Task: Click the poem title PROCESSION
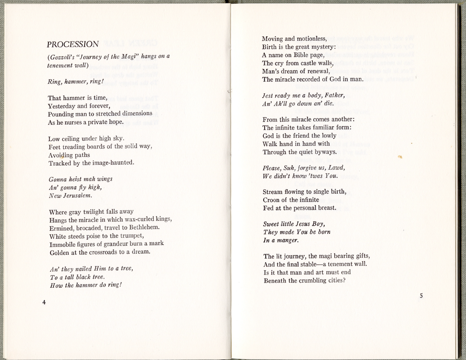(x=73, y=45)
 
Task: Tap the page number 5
(x=421, y=295)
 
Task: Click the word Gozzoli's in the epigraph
(x=63, y=57)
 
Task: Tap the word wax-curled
(x=143, y=219)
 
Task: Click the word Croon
(x=272, y=200)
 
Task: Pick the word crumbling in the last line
(x=310, y=280)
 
